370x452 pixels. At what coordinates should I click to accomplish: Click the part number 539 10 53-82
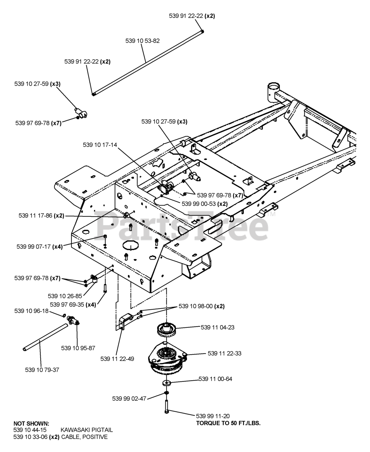142,41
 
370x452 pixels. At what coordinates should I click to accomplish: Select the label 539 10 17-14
100,145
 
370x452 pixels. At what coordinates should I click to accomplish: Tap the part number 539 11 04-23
217,327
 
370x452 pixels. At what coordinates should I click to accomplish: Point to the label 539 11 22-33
224,353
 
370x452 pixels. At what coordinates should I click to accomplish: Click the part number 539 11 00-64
215,379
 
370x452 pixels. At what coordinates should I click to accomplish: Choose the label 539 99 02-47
129,399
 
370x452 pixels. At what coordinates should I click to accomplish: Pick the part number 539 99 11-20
213,416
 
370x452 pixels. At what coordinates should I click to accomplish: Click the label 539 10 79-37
42,370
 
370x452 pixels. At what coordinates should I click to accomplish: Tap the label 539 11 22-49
117,359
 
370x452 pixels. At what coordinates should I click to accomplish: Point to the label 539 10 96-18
31,311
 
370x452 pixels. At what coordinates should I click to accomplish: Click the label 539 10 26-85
65,296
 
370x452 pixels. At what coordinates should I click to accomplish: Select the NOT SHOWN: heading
31,423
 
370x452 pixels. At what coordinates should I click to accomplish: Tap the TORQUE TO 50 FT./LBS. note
228,423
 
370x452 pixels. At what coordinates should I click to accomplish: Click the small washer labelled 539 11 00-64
166,382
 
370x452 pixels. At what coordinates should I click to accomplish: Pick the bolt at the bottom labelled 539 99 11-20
167,408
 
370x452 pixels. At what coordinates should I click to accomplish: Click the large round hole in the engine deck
131,245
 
